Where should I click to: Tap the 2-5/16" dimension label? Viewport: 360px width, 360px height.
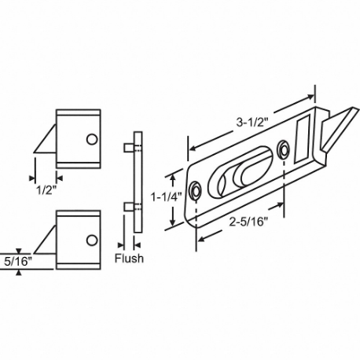(244, 222)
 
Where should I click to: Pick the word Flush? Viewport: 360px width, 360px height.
(130, 259)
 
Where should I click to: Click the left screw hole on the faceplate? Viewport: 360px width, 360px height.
(195, 191)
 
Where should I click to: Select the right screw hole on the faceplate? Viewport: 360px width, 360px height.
(283, 147)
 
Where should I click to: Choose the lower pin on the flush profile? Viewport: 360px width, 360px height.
(127, 206)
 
